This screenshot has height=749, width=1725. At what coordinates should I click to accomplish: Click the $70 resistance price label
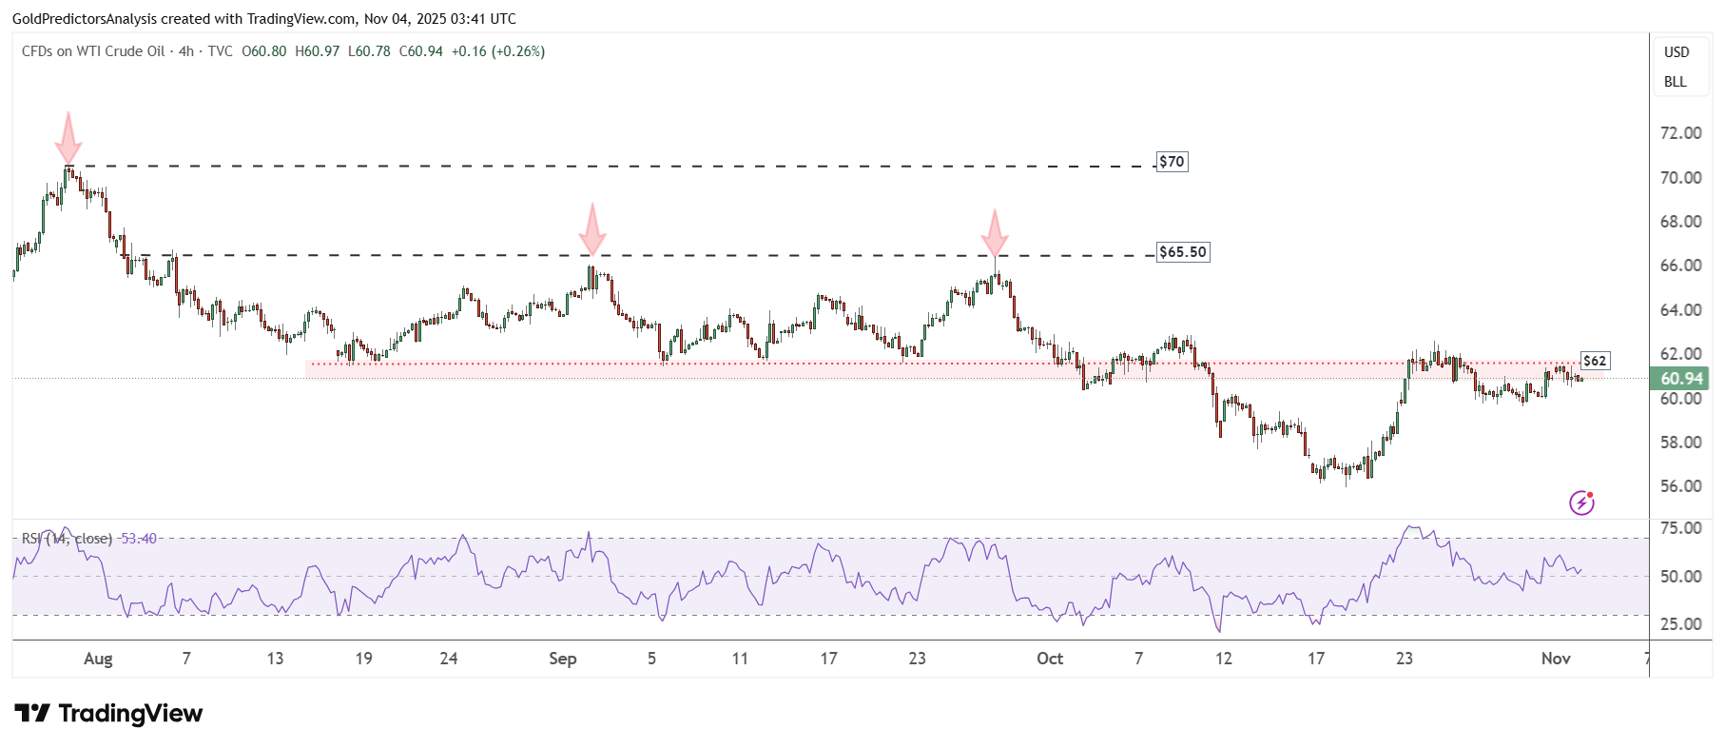coord(1172,162)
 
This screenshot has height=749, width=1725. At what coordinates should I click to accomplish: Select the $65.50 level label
coord(1182,252)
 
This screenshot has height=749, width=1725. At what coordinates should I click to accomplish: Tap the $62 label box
coord(1595,361)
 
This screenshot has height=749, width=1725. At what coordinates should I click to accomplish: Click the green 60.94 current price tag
coord(1680,379)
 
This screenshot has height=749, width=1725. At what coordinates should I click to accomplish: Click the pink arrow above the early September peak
coord(592,229)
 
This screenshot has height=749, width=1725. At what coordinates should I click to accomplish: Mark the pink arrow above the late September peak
coord(995,234)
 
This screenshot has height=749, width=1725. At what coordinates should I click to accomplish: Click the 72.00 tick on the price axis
coord(1680,133)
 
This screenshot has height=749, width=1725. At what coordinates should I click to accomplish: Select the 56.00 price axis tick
coord(1680,486)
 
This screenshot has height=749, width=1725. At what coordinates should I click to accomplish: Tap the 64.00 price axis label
coord(1680,310)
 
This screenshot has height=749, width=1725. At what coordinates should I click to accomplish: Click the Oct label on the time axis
coord(1050,659)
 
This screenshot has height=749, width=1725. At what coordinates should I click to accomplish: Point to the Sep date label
coord(562,659)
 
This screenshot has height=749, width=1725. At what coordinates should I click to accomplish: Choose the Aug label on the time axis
coord(98,659)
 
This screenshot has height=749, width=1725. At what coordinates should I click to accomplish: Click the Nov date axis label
coord(1556,659)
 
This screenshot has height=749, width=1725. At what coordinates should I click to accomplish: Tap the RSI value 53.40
coord(139,539)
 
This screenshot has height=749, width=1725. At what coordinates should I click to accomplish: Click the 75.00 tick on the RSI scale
coord(1680,528)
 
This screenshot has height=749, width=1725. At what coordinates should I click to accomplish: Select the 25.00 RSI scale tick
coord(1680,624)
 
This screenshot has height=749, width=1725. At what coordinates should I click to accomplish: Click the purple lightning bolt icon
coord(1581,503)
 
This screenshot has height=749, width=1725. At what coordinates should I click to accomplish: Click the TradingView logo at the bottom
coord(108,714)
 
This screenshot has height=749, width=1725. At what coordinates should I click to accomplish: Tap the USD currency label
coord(1677,52)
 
